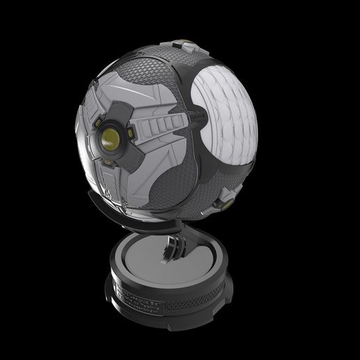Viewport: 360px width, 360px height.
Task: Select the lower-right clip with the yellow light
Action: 225,202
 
